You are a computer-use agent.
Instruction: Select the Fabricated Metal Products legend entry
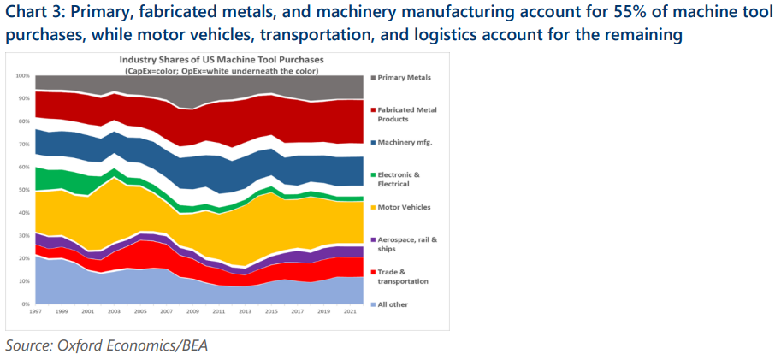click(x=407, y=115)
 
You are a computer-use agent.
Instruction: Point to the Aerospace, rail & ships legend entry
click(x=407, y=245)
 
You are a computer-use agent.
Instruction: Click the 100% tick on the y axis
click(x=23, y=76)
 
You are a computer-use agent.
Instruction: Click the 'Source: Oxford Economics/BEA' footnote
click(x=107, y=345)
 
